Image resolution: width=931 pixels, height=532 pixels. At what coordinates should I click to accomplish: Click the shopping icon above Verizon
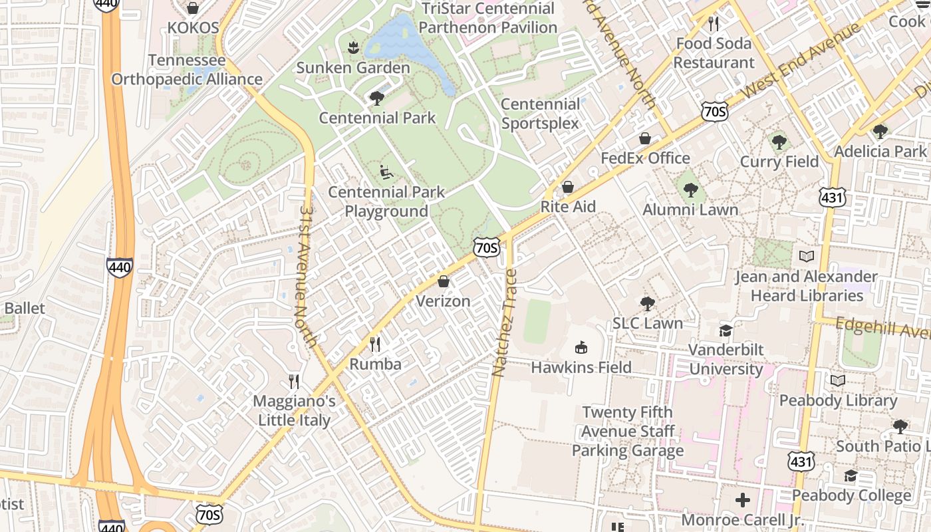(444, 282)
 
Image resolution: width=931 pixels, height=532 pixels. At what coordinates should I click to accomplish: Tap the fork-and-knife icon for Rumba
(376, 344)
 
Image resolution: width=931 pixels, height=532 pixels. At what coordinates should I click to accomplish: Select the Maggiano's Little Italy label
(294, 411)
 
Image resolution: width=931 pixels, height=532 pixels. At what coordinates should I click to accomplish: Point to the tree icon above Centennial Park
(377, 99)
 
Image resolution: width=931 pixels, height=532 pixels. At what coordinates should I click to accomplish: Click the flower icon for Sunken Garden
(352, 47)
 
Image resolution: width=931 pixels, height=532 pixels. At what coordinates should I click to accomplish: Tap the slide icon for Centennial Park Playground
(386, 172)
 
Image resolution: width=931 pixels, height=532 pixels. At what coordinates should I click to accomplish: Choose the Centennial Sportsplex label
(540, 114)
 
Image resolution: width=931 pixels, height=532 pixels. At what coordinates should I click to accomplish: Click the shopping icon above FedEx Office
(644, 138)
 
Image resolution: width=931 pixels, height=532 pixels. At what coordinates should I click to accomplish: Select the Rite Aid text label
(568, 206)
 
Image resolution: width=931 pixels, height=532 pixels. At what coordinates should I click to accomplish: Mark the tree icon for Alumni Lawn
(691, 190)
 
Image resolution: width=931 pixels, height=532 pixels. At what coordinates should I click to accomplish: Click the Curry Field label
(779, 162)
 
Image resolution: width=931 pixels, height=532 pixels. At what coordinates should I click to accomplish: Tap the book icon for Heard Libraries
(807, 256)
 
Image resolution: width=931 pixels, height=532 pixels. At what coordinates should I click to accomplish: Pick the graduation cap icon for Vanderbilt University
(726, 331)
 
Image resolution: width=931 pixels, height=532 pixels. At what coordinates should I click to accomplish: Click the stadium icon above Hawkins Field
(581, 347)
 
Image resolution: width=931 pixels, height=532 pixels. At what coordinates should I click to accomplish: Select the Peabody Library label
(838, 400)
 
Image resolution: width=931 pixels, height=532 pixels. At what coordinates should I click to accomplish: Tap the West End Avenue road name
(801, 62)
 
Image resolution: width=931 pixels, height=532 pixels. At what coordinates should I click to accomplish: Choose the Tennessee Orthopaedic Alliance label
(186, 70)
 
